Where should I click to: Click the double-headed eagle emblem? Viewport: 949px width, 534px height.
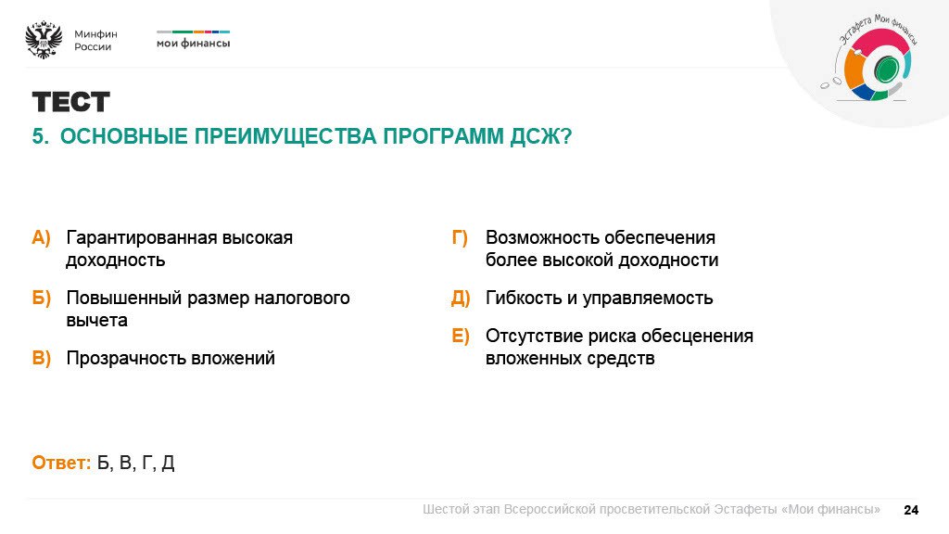click(43, 40)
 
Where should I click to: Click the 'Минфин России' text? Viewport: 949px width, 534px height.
click(95, 40)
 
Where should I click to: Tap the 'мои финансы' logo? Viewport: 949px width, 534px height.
click(193, 43)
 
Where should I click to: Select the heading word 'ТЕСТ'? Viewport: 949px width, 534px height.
click(71, 102)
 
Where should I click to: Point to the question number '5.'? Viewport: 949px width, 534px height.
click(41, 137)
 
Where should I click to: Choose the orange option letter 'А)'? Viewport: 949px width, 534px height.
click(42, 238)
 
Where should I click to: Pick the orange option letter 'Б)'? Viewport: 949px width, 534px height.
click(42, 299)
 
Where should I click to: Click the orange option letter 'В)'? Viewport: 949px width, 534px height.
click(42, 359)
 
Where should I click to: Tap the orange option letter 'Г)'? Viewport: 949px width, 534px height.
click(461, 238)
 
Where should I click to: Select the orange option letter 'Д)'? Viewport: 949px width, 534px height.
click(462, 299)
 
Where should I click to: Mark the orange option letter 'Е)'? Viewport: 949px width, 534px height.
click(462, 337)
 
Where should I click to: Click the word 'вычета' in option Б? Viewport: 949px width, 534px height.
click(96, 321)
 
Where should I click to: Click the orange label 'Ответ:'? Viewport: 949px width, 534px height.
click(61, 463)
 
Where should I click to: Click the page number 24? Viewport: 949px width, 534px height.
click(910, 510)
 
